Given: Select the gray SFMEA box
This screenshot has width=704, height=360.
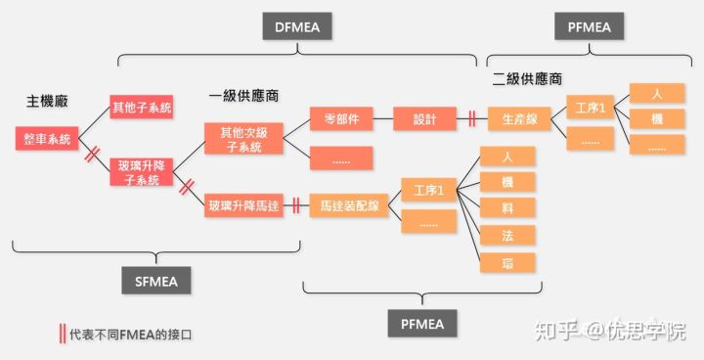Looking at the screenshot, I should click(x=156, y=281).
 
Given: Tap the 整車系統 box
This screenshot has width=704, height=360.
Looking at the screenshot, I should click(x=43, y=139).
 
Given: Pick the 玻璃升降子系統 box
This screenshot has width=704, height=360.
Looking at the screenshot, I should click(x=141, y=171).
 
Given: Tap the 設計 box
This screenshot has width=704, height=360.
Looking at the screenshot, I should click(x=425, y=119).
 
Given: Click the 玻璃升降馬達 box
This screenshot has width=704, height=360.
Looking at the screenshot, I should click(x=242, y=205).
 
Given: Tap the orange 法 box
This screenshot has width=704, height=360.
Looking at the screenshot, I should click(x=507, y=235).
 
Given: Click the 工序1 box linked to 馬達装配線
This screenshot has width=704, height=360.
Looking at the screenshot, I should click(x=429, y=190).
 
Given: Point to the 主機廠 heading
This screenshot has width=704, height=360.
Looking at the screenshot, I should click(x=46, y=101).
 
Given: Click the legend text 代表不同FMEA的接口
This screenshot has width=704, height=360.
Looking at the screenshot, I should click(x=131, y=335).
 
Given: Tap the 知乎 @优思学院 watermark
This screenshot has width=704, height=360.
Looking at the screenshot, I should click(x=608, y=332).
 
